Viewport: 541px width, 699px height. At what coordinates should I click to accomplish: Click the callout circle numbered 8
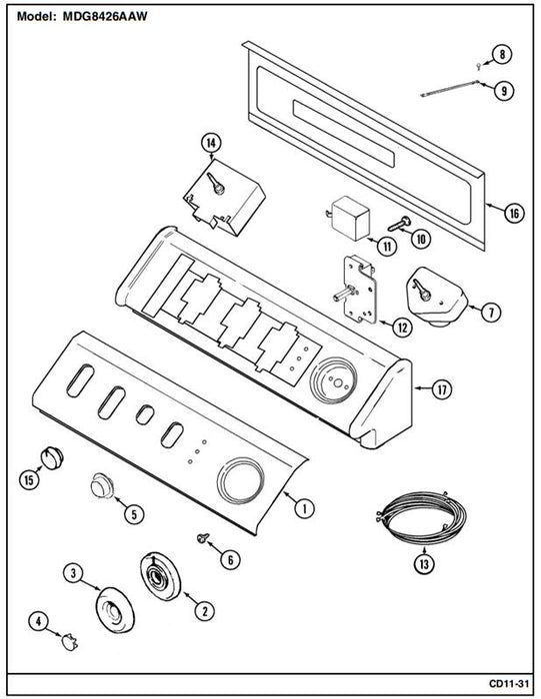(x=502, y=54)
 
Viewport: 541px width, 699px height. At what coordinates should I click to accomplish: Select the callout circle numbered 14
(x=211, y=143)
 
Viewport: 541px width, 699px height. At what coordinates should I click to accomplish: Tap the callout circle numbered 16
(x=515, y=213)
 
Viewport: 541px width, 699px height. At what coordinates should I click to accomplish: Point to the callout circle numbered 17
(x=441, y=389)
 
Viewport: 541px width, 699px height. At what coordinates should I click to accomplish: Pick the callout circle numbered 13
(x=424, y=564)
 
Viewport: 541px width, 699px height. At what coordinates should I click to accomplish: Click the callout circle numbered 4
(x=38, y=621)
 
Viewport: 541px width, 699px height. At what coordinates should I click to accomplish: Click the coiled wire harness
(x=421, y=517)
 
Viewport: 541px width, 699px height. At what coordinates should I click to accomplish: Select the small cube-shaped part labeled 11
(x=349, y=218)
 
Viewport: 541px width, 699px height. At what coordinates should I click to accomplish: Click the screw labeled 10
(x=399, y=224)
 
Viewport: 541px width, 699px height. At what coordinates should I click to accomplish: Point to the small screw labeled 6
(x=204, y=537)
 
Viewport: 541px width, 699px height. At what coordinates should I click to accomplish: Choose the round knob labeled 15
(x=52, y=457)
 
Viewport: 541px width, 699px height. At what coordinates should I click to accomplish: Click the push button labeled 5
(x=102, y=485)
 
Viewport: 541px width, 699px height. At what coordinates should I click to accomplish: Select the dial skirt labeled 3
(x=115, y=609)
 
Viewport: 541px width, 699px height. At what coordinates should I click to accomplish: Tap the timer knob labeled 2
(x=160, y=577)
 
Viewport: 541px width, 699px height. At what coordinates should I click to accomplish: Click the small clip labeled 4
(x=69, y=642)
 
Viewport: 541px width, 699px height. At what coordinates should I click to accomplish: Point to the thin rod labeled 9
(x=450, y=88)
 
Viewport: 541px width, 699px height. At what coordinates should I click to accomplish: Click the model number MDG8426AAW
(x=105, y=17)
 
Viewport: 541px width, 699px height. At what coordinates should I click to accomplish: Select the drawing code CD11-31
(x=508, y=683)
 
